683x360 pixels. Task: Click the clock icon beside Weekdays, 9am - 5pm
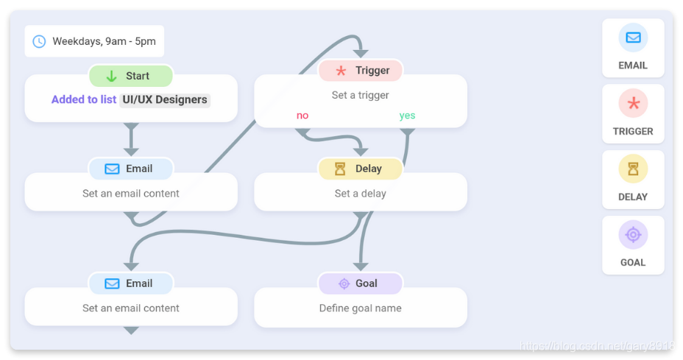point(39,41)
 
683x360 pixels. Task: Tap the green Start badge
point(131,76)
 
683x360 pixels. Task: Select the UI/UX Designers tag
point(165,99)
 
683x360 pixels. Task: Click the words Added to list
point(83,99)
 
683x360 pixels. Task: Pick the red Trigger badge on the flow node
point(361,71)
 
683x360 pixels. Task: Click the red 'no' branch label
point(302,116)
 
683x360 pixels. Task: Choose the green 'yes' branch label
point(407,116)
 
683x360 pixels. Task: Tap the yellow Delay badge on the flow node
point(361,169)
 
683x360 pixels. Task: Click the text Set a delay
point(361,194)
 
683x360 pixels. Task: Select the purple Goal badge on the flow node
point(361,283)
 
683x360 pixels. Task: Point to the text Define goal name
point(361,308)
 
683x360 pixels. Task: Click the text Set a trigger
point(361,95)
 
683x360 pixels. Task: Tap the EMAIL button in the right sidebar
point(633,48)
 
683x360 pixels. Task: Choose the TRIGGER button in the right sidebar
point(633,113)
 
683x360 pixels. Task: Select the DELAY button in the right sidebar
point(633,179)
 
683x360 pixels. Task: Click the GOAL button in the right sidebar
point(633,244)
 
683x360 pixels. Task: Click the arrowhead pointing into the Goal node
point(361,266)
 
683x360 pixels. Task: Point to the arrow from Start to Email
point(131,140)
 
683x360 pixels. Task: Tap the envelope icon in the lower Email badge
point(112,283)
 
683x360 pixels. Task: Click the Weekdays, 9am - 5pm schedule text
point(104,41)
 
